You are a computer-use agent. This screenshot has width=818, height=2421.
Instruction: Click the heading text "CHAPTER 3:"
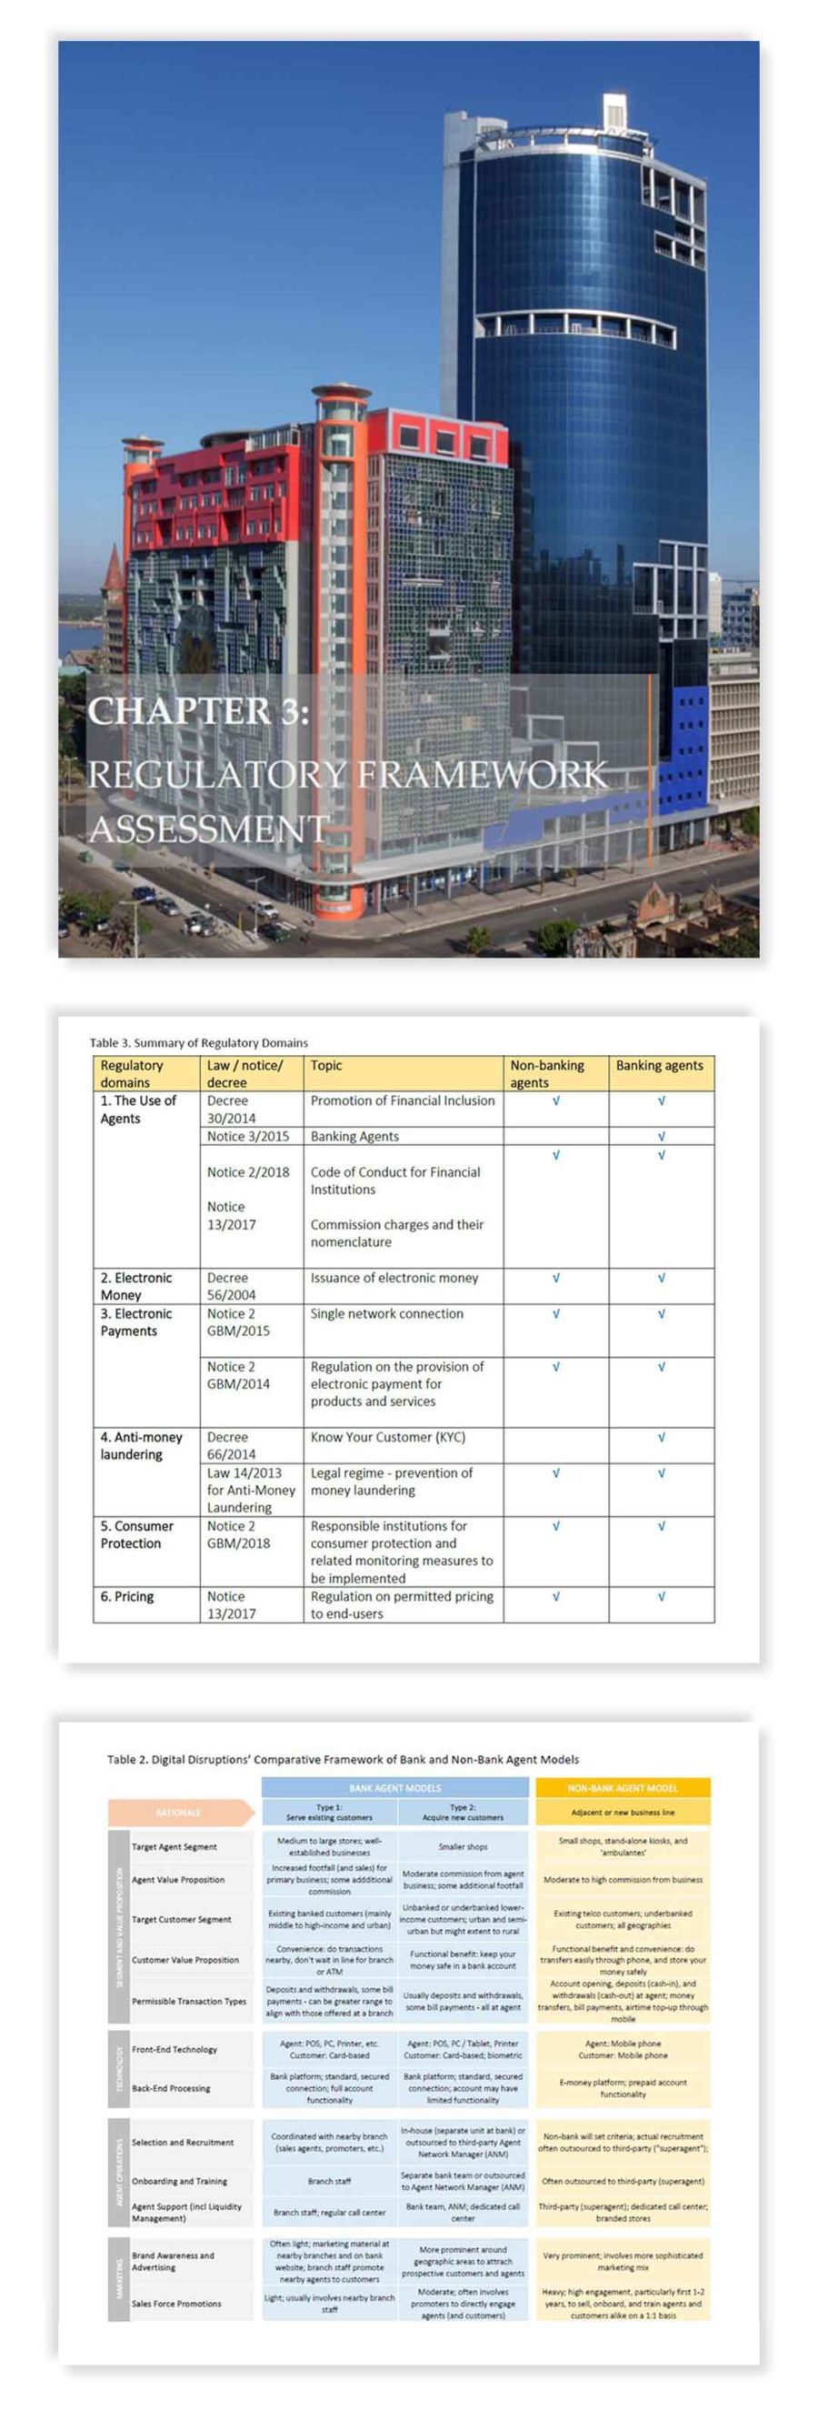[198, 710]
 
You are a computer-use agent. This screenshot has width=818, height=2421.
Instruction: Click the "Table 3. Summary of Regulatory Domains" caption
[198, 1042]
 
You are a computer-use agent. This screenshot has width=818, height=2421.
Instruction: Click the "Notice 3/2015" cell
[248, 1136]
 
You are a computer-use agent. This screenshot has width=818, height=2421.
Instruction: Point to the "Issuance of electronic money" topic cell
[394, 1277]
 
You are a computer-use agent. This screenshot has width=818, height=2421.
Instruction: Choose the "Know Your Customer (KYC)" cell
[387, 1437]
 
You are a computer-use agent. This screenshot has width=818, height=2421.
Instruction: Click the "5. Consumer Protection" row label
[136, 1535]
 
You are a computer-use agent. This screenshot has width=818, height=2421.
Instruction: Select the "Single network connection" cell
[386, 1313]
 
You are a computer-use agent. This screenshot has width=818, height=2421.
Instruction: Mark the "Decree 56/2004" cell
[227, 1286]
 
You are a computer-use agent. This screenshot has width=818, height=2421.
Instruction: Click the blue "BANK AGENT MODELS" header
[394, 1787]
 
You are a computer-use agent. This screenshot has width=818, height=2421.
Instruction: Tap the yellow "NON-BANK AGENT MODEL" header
[622, 1787]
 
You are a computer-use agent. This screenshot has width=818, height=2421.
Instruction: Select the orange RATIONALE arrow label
[178, 1812]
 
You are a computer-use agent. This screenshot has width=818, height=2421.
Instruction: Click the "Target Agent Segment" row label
[174, 1847]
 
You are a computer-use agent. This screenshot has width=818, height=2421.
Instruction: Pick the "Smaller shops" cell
[463, 1847]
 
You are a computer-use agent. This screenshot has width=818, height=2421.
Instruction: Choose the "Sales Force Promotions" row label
[176, 2304]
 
